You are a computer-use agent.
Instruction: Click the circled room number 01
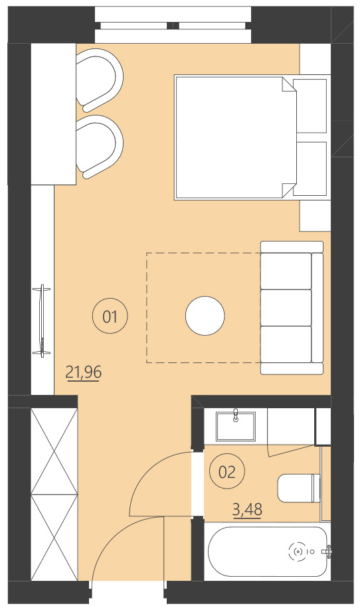coord(110,317)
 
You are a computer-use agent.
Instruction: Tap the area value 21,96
coord(84,372)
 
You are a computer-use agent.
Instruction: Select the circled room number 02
coord(226,472)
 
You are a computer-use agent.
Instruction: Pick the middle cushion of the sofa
coord(286,307)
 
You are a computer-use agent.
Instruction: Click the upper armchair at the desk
coord(100,80)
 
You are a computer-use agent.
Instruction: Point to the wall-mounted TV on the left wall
coord(43,321)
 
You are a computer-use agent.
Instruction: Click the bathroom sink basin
coord(236,425)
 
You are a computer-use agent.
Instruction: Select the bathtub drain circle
coord(298,551)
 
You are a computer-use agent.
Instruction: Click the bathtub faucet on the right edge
coord(326,551)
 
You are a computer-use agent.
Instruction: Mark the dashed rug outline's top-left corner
coord(147,253)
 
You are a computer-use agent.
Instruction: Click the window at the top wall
coord(174,25)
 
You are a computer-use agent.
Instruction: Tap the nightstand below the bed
coord(315,215)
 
